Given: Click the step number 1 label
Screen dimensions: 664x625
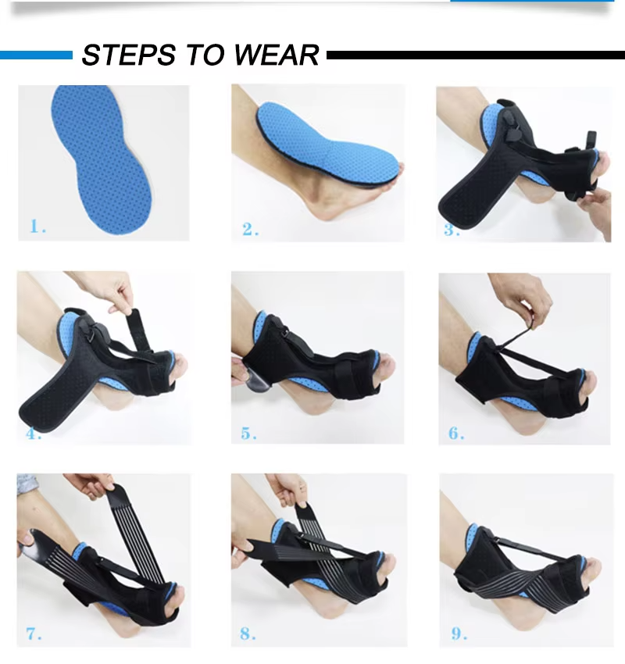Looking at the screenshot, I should (x=37, y=227).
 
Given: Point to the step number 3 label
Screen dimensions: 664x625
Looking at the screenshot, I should (x=452, y=230).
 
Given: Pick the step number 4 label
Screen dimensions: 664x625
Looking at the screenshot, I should (x=34, y=433).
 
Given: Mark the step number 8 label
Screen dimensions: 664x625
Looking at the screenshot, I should (x=248, y=634).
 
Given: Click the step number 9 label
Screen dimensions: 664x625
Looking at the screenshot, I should (x=456, y=633).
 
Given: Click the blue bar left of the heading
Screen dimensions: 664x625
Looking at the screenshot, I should (x=35, y=55).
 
